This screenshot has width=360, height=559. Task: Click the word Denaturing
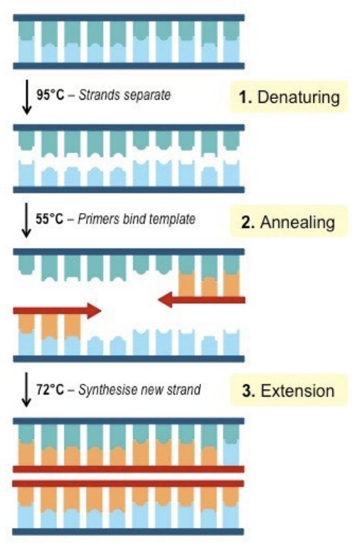298,97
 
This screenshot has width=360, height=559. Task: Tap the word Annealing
298,222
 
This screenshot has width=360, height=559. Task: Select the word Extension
298,390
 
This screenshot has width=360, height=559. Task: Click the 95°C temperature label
50,95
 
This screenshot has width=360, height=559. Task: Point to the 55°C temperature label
49,219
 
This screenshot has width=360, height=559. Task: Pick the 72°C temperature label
50,389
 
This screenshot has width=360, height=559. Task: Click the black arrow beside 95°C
27,97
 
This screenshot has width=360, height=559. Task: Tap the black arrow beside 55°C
26,220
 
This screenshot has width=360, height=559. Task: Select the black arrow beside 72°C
26,389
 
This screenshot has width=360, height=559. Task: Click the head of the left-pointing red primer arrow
165,299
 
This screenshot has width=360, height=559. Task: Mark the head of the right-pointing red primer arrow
94,311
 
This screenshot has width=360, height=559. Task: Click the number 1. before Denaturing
246,97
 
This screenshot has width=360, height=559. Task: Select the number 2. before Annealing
248,222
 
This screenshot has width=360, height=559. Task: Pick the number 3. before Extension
248,391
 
